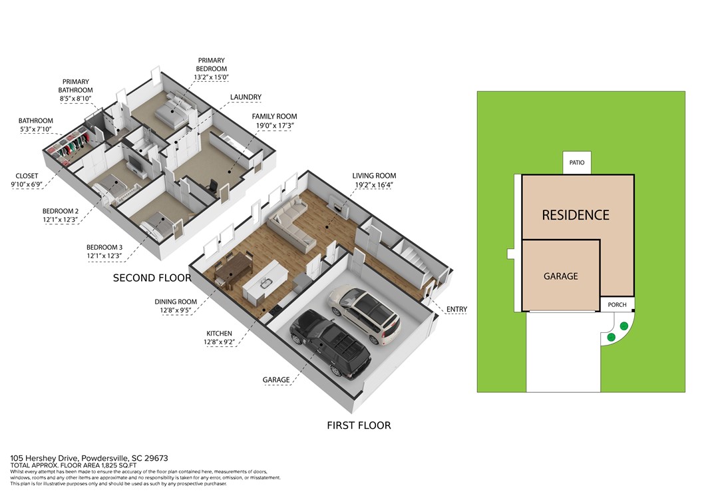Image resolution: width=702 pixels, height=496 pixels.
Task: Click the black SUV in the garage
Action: pyautogui.click(x=331, y=342)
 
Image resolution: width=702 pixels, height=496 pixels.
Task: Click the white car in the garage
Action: pyautogui.click(x=364, y=314)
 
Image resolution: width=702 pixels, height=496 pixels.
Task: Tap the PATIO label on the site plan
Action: pyautogui.click(x=577, y=162)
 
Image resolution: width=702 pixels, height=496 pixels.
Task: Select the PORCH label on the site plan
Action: pyautogui.click(x=617, y=305)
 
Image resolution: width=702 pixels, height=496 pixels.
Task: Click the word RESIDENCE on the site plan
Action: pyautogui.click(x=576, y=215)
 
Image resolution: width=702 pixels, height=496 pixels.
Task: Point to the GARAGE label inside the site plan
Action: pyautogui.click(x=560, y=276)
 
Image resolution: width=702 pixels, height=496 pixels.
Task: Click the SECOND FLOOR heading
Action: pyautogui.click(x=152, y=278)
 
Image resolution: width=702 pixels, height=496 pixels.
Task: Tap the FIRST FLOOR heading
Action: pyautogui.click(x=359, y=425)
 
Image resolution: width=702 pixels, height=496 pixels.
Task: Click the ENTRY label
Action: pyautogui.click(x=456, y=309)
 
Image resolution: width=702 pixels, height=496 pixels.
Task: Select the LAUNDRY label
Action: pyautogui.click(x=246, y=97)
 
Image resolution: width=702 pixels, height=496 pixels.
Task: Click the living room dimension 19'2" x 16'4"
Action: pyautogui.click(x=374, y=184)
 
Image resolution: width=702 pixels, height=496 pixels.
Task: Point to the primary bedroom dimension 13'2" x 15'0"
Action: pyautogui.click(x=212, y=77)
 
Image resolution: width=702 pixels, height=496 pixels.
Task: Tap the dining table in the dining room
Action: pyautogui.click(x=233, y=270)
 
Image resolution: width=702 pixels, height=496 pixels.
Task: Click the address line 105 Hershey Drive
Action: pyautogui.click(x=89, y=458)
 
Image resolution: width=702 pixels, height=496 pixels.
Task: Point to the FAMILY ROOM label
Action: pyautogui.click(x=274, y=117)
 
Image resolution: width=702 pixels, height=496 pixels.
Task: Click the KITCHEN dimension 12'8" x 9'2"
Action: pyautogui.click(x=219, y=342)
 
